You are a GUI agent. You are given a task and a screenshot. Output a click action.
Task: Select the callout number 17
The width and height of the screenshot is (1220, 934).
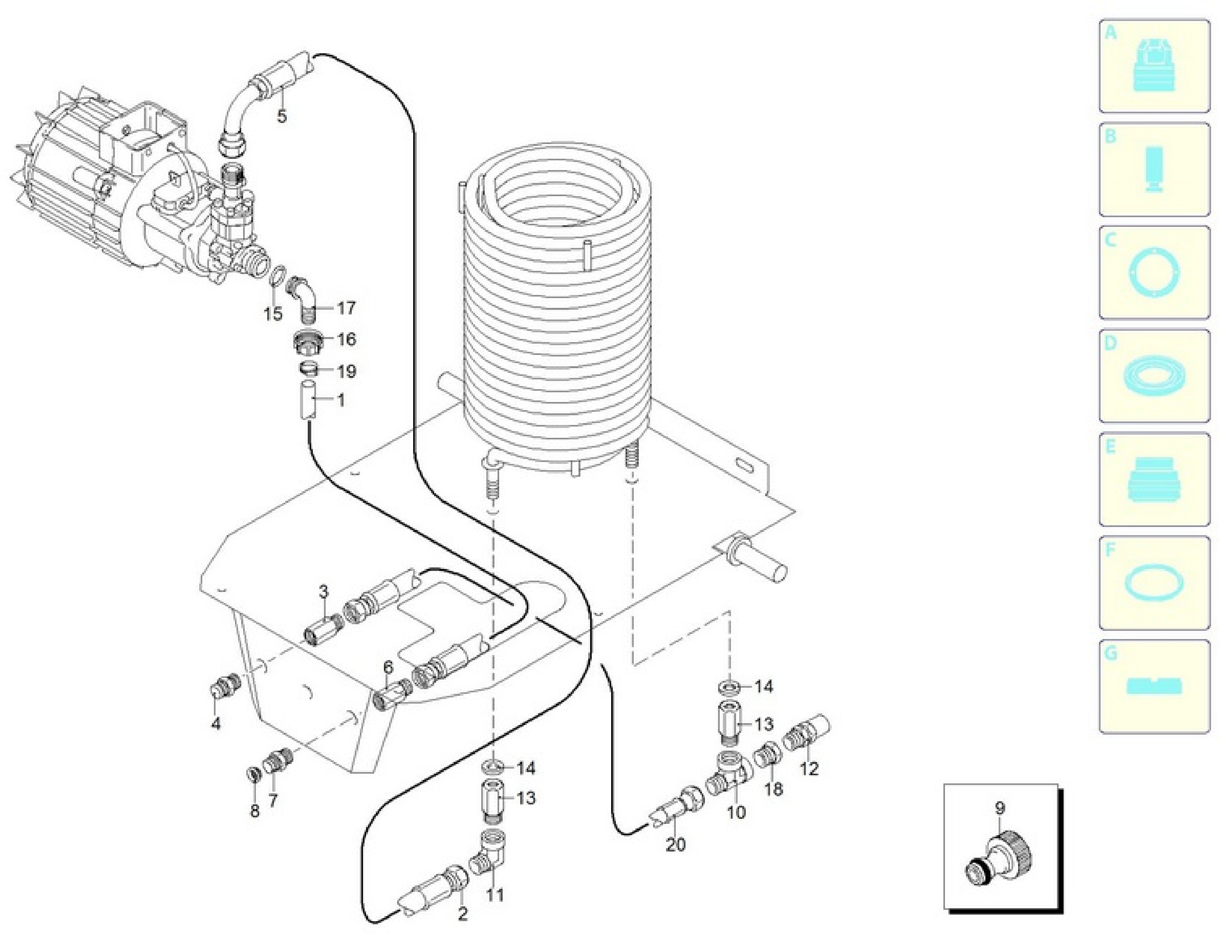(346, 307)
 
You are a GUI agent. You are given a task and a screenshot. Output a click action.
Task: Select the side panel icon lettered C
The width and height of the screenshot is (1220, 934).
(1154, 273)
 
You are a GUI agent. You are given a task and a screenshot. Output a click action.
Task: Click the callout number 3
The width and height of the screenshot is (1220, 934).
(324, 592)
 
